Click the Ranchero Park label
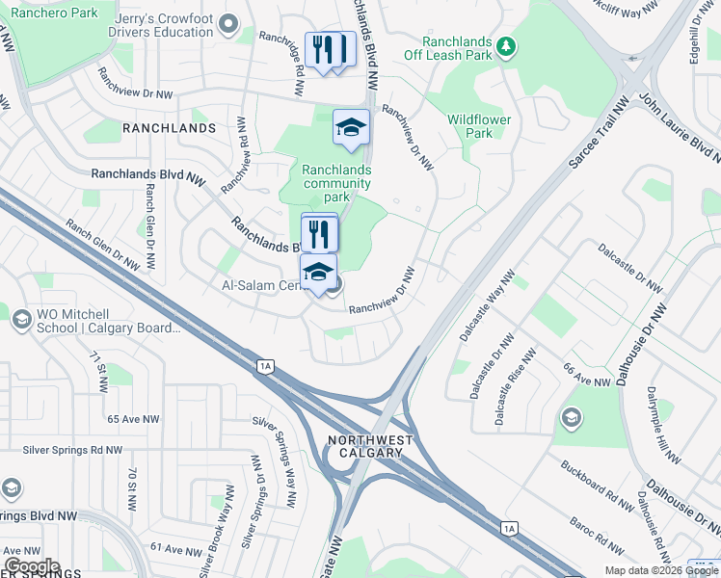pyautogui.click(x=57, y=13)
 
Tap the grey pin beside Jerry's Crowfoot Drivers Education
pyautogui.click(x=228, y=22)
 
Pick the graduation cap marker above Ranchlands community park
pyautogui.click(x=351, y=126)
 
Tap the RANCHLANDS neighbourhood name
pyautogui.click(x=169, y=128)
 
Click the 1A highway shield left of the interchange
pyautogui.click(x=265, y=365)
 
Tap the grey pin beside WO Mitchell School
pyautogui.click(x=21, y=321)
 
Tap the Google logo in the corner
pyautogui.click(x=32, y=566)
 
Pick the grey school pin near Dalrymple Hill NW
pyautogui.click(x=572, y=417)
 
